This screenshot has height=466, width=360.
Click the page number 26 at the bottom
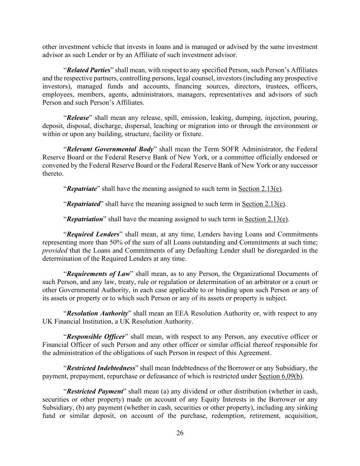[180, 433]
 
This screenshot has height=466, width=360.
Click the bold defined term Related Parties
[88, 70]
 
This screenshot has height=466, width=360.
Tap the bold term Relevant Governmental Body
[110, 150]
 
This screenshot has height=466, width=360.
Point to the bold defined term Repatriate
[82, 189]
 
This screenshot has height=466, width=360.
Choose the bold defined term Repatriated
[83, 204]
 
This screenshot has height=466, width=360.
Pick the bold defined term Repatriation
[85, 219]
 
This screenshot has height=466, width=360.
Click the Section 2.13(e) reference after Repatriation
[266, 219]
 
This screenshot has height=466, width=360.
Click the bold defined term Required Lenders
[93, 235]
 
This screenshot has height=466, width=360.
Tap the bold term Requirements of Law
[98, 274]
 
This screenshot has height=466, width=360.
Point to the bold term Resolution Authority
[97, 313]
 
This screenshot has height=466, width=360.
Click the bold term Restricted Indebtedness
[101, 368]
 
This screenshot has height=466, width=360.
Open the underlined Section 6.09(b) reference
[280, 377]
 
